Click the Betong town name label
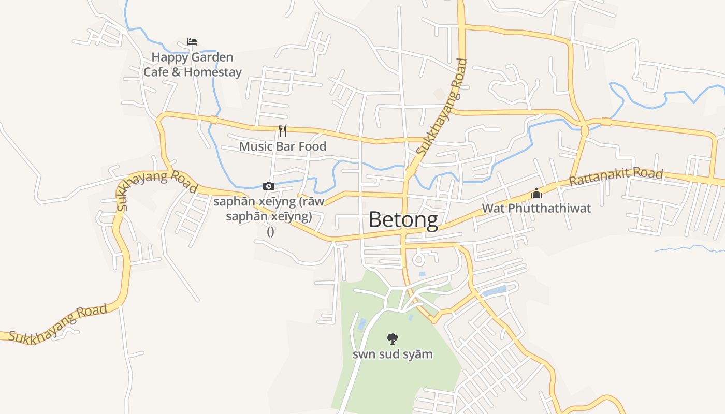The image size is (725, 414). tap(403, 220)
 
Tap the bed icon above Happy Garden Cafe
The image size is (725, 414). tap(192, 42)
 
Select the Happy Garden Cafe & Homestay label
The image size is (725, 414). tap(192, 65)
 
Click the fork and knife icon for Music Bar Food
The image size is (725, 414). tap(283, 130)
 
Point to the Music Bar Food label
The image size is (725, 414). tap(283, 146)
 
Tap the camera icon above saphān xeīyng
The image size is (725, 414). tap(269, 186)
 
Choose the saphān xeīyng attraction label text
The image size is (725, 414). tap(269, 209)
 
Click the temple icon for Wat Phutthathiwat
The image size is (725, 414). tap(536, 194)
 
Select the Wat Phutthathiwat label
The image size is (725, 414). tap(536, 209)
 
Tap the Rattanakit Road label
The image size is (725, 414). tap(616, 177)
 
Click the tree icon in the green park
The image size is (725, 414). tap(393, 339)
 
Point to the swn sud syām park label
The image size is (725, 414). tap(393, 354)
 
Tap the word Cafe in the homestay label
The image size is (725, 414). tap(156, 72)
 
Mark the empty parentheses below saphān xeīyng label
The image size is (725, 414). tap(270, 231)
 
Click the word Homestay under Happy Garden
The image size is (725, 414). tap(213, 72)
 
